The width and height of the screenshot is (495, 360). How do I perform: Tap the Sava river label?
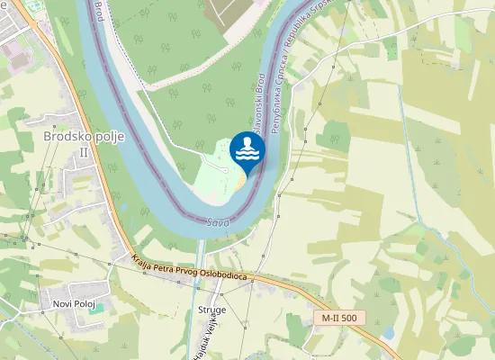tap(216, 221)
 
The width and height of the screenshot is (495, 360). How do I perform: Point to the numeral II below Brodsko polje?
tap(84, 152)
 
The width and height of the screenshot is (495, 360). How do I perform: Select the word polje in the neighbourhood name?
tap(108, 136)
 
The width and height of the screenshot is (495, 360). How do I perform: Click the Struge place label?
tap(212, 310)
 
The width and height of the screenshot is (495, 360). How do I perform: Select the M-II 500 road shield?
tap(339, 318)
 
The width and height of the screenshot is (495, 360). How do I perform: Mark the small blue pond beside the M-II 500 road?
tap(388, 333)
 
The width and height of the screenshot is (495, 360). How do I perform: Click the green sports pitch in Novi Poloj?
tap(99, 309)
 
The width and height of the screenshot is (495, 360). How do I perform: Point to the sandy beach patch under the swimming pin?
tap(238, 182)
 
